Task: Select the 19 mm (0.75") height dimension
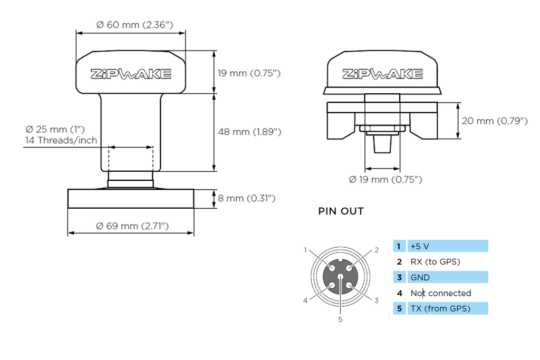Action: [x=249, y=73]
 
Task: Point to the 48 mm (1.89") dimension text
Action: [x=249, y=132]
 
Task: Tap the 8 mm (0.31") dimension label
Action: [x=247, y=198]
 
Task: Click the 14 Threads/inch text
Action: [x=61, y=140]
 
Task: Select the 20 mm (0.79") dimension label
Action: [x=495, y=121]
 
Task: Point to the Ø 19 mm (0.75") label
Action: [x=385, y=179]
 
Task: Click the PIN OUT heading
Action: [x=341, y=211]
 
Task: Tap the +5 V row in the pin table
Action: [x=440, y=246]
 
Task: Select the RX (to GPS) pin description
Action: [x=435, y=261]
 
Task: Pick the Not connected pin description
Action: [x=440, y=293]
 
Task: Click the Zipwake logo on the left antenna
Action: [x=131, y=74]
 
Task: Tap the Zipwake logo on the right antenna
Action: [x=382, y=74]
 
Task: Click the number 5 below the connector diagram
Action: [x=340, y=319]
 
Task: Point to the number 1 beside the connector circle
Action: [x=305, y=250]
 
